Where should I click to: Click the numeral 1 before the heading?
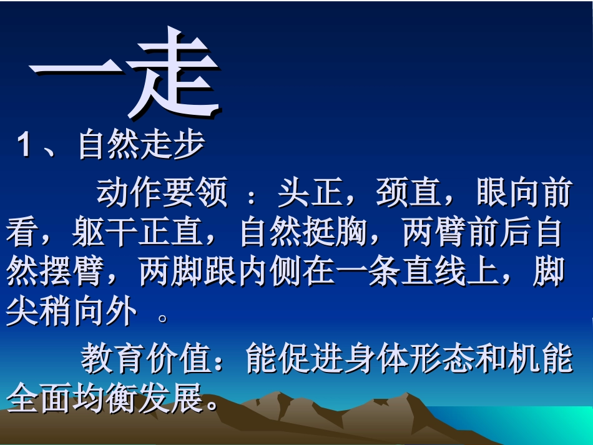coord(24,146)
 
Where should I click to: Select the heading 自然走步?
coord(141,145)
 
